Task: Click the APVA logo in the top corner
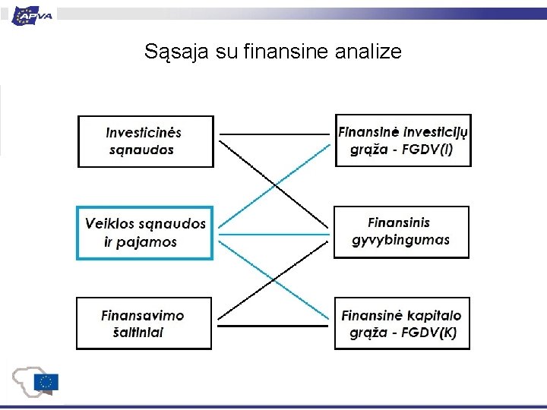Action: click(x=32, y=14)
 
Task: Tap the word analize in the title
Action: click(x=365, y=52)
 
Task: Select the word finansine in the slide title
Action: click(x=287, y=52)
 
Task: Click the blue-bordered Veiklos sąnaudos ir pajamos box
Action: click(x=144, y=233)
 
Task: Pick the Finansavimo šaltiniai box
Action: click(x=144, y=323)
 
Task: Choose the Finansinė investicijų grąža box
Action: click(x=403, y=140)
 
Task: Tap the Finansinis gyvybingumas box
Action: click(x=401, y=232)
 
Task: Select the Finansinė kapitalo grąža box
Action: click(x=402, y=323)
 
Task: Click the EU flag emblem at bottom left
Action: click(x=47, y=383)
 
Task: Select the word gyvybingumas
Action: click(x=401, y=240)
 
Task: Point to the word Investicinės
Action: click(x=144, y=132)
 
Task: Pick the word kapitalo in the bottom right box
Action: click(x=435, y=315)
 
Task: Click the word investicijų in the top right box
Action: click(x=437, y=132)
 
